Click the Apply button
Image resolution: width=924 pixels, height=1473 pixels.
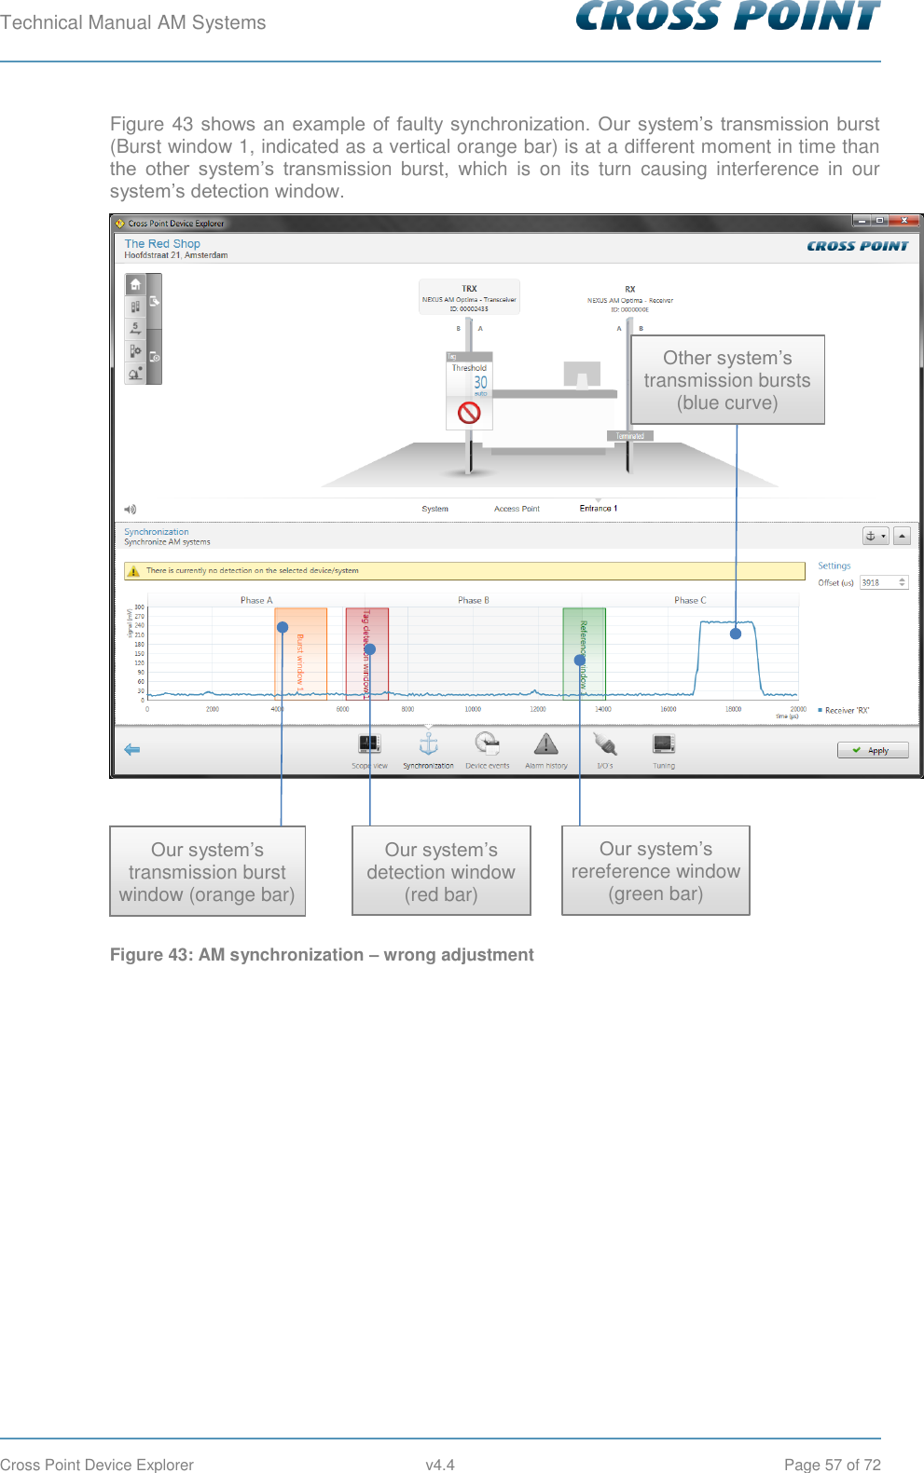(873, 750)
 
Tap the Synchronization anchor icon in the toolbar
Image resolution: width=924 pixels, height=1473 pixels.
(428, 743)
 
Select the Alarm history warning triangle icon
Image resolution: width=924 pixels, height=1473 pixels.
(545, 743)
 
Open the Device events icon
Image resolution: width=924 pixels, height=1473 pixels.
(487, 743)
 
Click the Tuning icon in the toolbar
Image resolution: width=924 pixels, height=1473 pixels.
(663, 743)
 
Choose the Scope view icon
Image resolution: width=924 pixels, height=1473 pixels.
(369, 743)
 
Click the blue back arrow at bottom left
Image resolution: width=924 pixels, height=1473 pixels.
(132, 749)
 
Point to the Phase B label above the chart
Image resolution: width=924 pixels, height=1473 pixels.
(473, 600)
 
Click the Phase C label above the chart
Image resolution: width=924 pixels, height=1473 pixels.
(690, 600)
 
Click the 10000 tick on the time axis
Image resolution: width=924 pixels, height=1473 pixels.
(473, 710)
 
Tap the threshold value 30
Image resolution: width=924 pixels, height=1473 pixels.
(480, 382)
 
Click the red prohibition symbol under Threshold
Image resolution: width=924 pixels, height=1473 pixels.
(469, 412)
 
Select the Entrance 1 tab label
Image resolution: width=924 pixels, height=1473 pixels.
(598, 509)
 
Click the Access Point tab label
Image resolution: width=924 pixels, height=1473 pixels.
(517, 509)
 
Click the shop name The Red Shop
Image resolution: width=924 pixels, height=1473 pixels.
(162, 243)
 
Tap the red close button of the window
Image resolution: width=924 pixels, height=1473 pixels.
(903, 221)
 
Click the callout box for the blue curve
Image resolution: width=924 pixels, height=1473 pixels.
(727, 380)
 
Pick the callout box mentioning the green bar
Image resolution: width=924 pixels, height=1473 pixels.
(655, 871)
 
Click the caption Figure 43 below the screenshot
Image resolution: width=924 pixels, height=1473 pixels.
(322, 955)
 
